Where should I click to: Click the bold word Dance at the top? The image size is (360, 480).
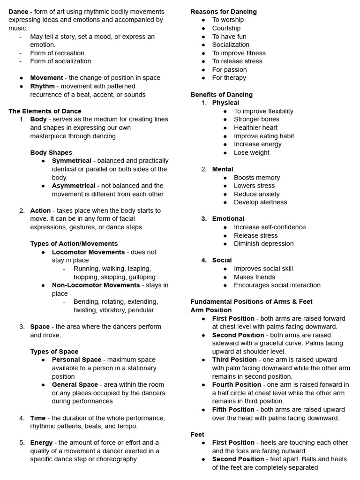tap(18, 11)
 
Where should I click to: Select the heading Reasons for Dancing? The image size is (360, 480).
tap(224, 11)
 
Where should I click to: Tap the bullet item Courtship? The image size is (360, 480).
tap(226, 28)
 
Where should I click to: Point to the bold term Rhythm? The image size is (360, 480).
tap(42, 86)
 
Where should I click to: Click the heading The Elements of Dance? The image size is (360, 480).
tap(45, 111)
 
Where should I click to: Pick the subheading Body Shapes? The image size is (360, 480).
tap(51, 152)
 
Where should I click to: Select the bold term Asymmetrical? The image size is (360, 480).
tap(74, 186)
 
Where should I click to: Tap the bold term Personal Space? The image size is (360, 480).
tap(76, 360)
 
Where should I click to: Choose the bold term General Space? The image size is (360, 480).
tap(75, 384)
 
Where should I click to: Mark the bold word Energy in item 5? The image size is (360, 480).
tap(41, 442)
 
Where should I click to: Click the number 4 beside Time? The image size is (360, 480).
tap(22, 418)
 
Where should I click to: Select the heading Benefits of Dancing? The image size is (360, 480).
tap(221, 94)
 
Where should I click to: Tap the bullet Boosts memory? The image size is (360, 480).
tap(257, 177)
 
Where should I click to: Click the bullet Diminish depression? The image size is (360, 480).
tap(263, 243)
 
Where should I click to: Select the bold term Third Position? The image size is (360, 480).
tap(234, 360)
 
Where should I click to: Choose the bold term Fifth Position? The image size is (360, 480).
tap(233, 409)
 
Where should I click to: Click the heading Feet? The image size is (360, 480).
tap(197, 435)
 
